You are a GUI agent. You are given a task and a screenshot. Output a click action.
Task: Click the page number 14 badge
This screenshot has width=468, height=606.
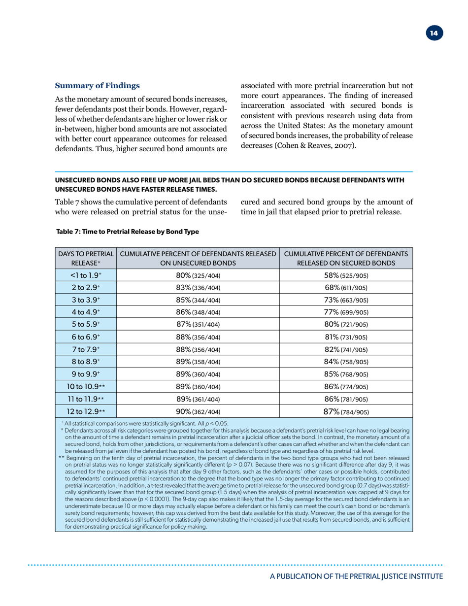tap(434, 34)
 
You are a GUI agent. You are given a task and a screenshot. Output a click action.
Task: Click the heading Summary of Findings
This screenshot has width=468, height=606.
tap(93, 85)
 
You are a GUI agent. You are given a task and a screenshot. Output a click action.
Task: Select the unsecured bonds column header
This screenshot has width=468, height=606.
tap(198, 257)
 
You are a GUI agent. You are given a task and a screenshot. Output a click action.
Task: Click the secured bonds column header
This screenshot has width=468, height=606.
tap(345, 257)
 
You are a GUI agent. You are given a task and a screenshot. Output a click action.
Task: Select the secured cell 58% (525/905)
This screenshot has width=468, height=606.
tap(345, 275)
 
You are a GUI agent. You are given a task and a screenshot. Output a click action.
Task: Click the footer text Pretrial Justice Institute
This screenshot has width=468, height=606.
tap(394, 576)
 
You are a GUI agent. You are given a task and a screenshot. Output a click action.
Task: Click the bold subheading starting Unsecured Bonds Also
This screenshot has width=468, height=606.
tap(232, 185)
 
